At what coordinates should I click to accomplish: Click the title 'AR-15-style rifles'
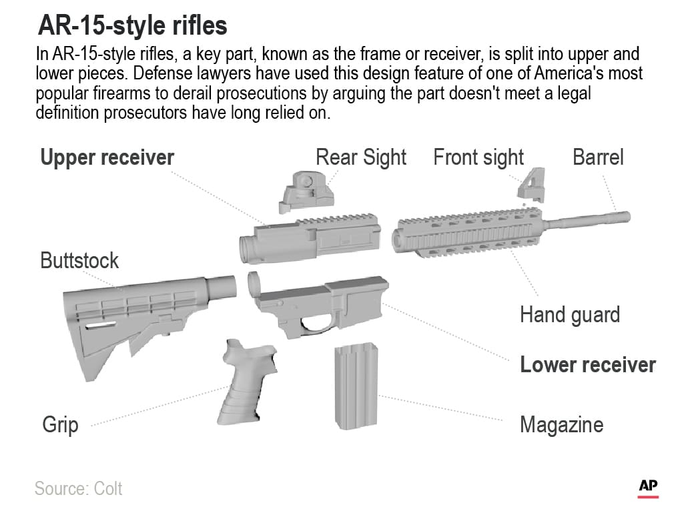pyautogui.click(x=132, y=26)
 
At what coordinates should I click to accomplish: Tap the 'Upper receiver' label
pyautogui.click(x=107, y=157)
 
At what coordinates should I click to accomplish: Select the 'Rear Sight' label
pyautogui.click(x=360, y=157)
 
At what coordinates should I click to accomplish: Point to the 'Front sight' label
pyautogui.click(x=478, y=157)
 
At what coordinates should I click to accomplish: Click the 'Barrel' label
pyautogui.click(x=598, y=157)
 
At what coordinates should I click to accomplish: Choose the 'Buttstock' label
pyautogui.click(x=79, y=260)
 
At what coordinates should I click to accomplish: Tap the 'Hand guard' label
pyautogui.click(x=569, y=314)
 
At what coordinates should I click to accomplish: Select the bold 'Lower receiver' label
pyautogui.click(x=587, y=365)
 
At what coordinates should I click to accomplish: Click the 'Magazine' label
pyautogui.click(x=561, y=424)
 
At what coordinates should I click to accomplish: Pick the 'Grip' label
pyautogui.click(x=60, y=424)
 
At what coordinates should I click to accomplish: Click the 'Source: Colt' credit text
pyautogui.click(x=79, y=488)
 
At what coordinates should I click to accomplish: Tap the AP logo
pyautogui.click(x=648, y=488)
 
